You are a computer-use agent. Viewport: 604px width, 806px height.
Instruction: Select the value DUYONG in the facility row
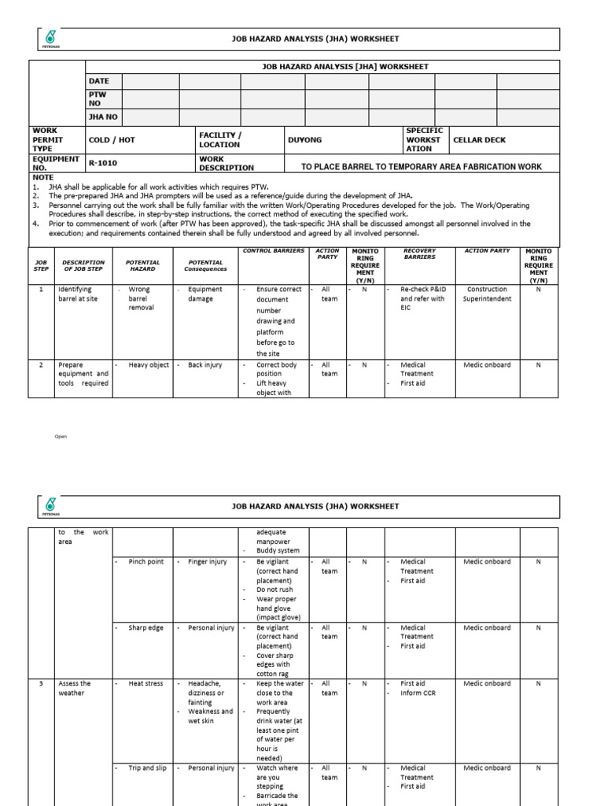[304, 140]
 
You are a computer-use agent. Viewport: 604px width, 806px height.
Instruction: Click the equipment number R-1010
[101, 164]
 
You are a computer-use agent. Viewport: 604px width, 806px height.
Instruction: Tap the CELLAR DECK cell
[480, 140]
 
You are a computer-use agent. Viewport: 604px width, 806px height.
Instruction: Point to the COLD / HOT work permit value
[112, 140]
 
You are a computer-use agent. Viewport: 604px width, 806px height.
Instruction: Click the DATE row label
[99, 81]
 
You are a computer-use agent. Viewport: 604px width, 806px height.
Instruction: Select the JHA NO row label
[103, 116]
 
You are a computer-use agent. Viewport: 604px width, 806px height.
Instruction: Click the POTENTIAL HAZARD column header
[142, 265]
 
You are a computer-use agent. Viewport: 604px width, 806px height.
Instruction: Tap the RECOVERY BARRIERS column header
[419, 253]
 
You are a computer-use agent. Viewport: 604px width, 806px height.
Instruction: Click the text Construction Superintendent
[488, 294]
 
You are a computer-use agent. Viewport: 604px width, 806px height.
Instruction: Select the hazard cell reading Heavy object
[149, 365]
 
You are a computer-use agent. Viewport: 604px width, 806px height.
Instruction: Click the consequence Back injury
[205, 365]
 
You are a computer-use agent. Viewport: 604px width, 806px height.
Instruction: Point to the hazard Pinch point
[146, 562]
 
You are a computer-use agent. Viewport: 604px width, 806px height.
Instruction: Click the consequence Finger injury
[208, 562]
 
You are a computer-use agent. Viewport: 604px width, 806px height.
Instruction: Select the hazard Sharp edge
[146, 628]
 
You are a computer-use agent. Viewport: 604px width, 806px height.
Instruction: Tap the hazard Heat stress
[146, 684]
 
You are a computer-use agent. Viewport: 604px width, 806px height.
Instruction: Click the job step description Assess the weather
[75, 689]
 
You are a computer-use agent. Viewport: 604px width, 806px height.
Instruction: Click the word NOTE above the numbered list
[42, 178]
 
